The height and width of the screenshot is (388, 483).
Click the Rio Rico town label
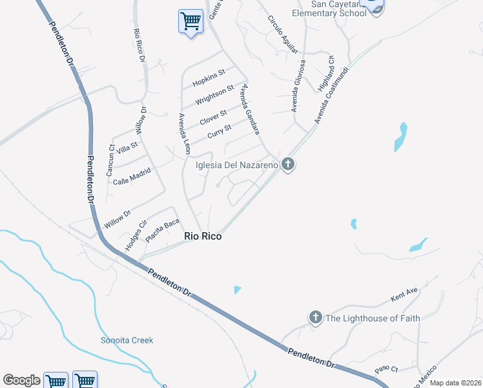coord(203,237)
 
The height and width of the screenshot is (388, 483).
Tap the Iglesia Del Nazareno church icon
coord(288,165)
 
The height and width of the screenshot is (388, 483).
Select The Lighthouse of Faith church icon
coord(315,318)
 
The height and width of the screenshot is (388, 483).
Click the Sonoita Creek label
coord(127,340)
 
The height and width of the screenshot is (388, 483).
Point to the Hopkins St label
coord(209,78)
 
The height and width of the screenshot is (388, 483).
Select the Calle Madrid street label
coord(132,177)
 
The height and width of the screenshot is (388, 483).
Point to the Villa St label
coord(126,149)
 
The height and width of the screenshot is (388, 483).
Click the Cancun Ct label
coord(110,160)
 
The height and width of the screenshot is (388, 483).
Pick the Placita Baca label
coord(162,231)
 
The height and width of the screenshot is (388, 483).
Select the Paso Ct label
coord(386,370)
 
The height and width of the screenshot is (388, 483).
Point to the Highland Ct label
coord(325,72)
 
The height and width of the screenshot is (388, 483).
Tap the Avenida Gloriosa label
coord(298,86)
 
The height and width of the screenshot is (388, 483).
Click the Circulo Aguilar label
coord(283,34)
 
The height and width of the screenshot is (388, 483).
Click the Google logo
coord(21,380)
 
